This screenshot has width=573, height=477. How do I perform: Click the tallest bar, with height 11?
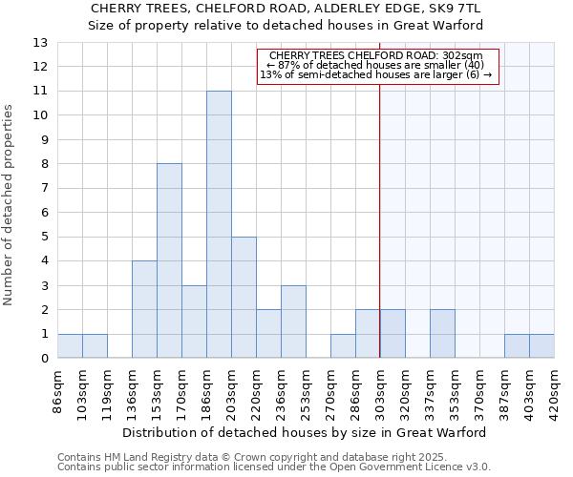[219, 224]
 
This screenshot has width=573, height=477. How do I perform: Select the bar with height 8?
[169, 260]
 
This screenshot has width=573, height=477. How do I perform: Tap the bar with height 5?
[244, 298]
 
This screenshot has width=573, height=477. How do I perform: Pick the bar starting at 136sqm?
[144, 309]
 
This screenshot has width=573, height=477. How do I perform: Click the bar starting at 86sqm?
[70, 346]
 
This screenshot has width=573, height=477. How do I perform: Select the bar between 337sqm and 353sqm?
[442, 334]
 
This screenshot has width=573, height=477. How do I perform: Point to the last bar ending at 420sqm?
[541, 346]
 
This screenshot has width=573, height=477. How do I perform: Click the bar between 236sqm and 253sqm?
[293, 321]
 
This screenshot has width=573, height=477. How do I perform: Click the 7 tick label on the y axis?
[44, 188]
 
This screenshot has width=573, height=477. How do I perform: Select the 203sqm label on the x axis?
[231, 388]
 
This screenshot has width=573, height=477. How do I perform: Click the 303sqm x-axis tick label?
[380, 388]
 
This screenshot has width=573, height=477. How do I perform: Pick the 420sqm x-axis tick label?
[554, 388]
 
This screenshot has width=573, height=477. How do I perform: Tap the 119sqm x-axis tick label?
[107, 388]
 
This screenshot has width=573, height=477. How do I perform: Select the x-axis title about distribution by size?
[306, 432]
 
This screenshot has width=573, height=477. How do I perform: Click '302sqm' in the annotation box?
[477, 56]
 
